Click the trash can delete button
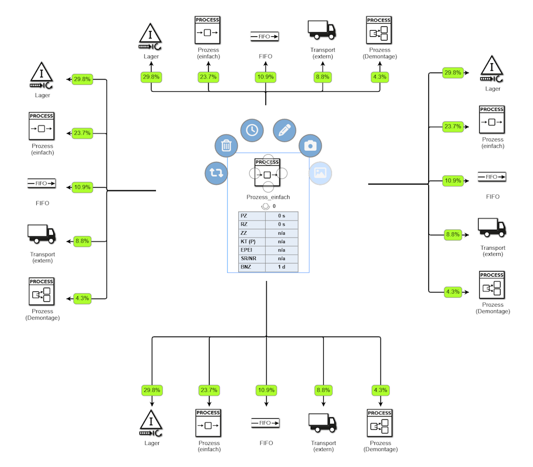[x=226, y=146]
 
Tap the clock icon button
[x=252, y=130]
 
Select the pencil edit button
[x=284, y=130]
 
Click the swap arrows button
[x=216, y=173]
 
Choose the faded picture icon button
[x=321, y=173]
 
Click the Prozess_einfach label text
[x=268, y=197]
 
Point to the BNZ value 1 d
[x=282, y=267]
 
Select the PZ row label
[x=244, y=216]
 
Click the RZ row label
[x=244, y=224]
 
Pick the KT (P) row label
[x=248, y=241]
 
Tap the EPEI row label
[x=246, y=250]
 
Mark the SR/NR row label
[x=248, y=258]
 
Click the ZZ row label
[x=244, y=233]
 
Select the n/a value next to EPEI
[x=282, y=250]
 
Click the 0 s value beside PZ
[x=282, y=216]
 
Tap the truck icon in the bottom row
[x=323, y=423]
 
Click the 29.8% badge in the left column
[x=82, y=79]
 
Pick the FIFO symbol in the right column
[x=492, y=177]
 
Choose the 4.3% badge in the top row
[x=379, y=77]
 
